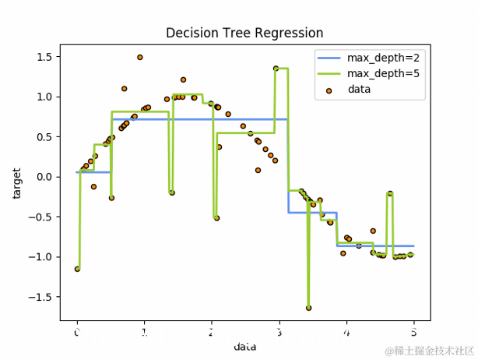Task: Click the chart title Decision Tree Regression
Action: coord(244,33)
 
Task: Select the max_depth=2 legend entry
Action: coord(366,58)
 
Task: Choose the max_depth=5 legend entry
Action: coord(366,74)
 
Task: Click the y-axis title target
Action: coord(17,182)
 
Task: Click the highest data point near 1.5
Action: coord(140,58)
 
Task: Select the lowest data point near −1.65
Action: coord(308,308)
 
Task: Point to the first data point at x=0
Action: coord(77,269)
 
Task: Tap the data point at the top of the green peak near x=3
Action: coord(276,69)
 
